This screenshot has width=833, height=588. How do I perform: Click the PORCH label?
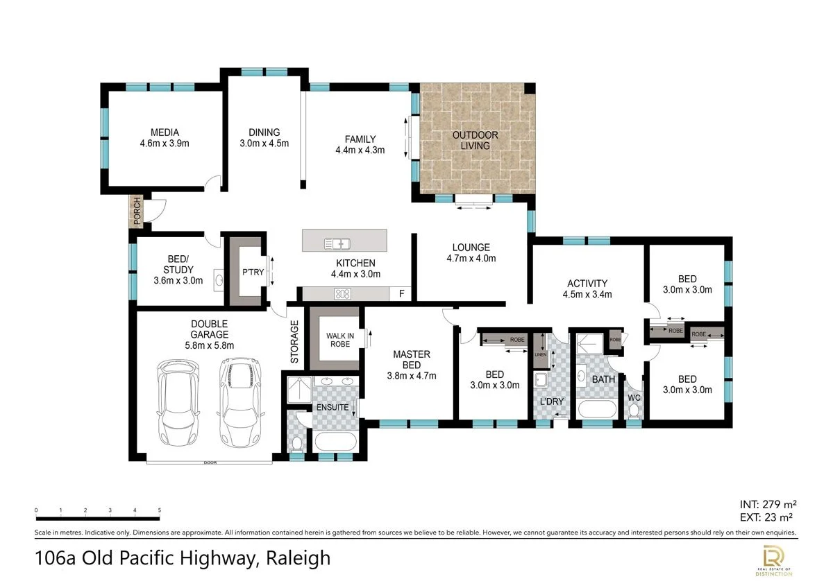[137, 211]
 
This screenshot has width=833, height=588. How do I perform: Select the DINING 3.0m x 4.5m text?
[264, 138]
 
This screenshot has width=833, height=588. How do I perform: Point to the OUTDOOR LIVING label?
[475, 140]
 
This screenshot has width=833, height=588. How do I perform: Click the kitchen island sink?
[337, 243]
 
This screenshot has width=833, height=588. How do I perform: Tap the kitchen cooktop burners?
[342, 294]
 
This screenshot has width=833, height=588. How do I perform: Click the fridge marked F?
[401, 294]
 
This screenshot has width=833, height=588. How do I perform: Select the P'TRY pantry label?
[253, 273]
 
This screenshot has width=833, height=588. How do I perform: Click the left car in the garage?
[178, 402]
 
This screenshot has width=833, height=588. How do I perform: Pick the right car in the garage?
[241, 402]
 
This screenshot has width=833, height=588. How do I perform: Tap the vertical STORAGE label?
[294, 342]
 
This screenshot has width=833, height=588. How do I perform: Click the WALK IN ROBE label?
[340, 340]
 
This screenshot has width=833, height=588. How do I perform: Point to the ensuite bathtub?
[336, 442]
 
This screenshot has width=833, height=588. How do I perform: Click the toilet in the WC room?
[634, 410]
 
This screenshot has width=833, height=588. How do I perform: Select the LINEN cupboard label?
[540, 355]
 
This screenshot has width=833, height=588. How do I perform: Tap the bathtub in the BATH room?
[597, 410]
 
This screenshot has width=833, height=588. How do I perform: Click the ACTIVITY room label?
[587, 289]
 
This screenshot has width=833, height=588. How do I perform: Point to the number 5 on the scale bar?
[160, 510]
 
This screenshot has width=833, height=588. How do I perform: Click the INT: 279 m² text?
[768, 504]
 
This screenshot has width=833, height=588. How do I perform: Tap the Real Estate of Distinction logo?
[773, 560]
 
